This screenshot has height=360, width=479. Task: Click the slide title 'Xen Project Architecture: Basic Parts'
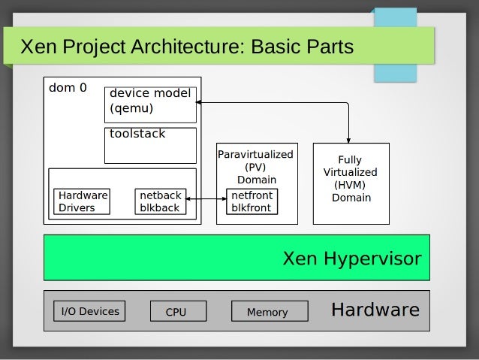[x=186, y=48]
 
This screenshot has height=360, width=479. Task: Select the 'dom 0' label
[x=68, y=88]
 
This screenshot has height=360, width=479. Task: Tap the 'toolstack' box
[x=150, y=145]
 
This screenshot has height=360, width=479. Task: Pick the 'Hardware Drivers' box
[x=83, y=201]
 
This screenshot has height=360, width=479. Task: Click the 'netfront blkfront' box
[x=252, y=201]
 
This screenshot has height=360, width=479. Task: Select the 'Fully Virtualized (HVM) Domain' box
[x=351, y=183]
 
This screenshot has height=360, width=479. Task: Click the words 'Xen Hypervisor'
[x=351, y=259]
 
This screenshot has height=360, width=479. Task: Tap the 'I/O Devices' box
[x=89, y=311]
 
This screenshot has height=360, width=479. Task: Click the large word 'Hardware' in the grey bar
[x=375, y=310]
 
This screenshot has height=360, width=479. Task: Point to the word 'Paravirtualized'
[x=255, y=155]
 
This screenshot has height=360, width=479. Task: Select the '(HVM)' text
[x=351, y=185]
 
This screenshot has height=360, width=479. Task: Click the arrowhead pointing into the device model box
[x=200, y=102]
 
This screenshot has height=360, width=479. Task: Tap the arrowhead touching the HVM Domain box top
[x=350, y=139]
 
